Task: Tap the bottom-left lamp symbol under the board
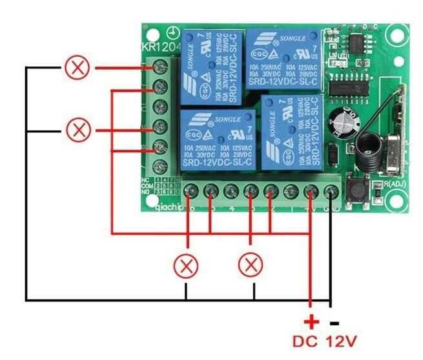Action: tap(187, 265)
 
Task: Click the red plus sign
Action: tap(311, 321)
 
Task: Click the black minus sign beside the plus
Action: tap(334, 321)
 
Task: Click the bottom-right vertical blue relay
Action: tap(293, 132)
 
